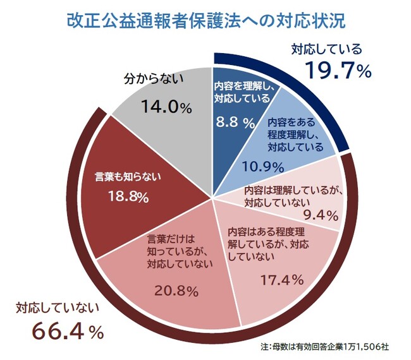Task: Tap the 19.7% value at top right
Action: click(x=338, y=71)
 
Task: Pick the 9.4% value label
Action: click(x=322, y=215)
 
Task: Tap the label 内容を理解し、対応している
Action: click(x=242, y=93)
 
